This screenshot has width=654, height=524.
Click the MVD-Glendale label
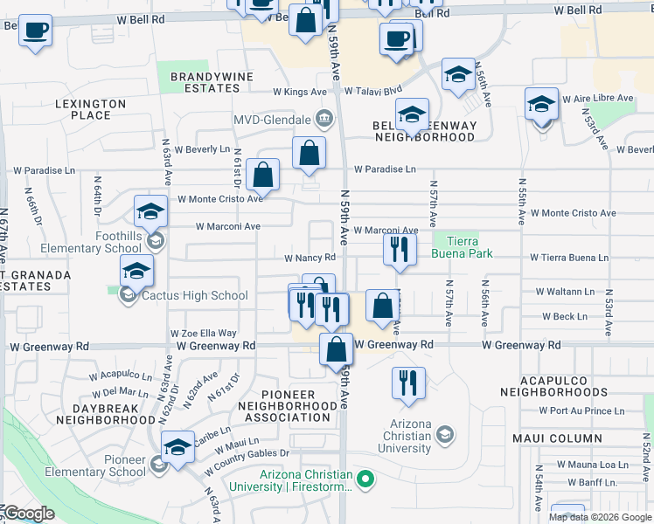[273, 119]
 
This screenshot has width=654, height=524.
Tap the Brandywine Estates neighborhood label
[212, 82]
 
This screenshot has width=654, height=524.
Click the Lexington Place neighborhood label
[90, 109]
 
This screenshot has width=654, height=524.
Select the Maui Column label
[565, 438]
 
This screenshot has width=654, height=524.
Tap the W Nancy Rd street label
[310, 258]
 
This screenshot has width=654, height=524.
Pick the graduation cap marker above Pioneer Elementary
[178, 448]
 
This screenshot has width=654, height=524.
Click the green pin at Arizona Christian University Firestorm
[368, 478]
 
